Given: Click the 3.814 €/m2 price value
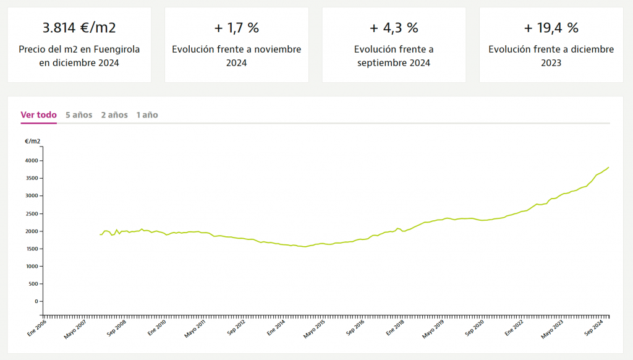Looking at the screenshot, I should point(79,28).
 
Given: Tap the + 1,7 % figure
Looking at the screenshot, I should point(236,28).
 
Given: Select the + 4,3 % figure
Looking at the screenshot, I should point(394,28).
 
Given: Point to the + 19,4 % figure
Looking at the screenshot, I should point(551,28).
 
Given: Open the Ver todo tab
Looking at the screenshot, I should point(38,115).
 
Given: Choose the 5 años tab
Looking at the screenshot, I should point(79,115).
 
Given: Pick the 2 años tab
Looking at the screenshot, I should point(114,115).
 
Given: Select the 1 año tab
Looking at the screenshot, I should point(147,115).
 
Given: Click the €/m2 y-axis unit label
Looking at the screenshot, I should point(33,142).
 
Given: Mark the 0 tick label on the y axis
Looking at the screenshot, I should point(36,301).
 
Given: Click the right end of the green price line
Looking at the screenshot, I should point(609,167).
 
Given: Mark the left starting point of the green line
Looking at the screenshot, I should point(100,234).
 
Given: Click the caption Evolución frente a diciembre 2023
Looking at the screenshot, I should point(551,56).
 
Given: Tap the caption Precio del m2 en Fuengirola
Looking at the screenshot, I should point(79,49).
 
